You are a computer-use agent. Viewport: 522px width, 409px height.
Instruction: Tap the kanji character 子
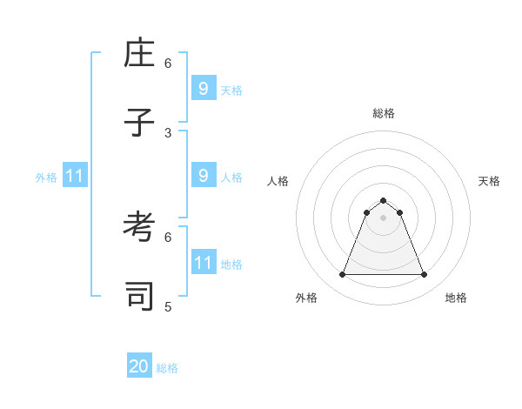pos(139,122)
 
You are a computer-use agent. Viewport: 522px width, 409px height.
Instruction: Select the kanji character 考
pos(139,227)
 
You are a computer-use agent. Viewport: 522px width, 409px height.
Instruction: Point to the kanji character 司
pos(139,296)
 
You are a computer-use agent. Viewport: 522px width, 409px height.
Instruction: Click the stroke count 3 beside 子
pos(168,132)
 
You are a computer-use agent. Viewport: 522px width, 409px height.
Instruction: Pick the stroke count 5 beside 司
pos(168,306)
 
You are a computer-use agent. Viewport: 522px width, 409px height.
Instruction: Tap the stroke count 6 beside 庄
pos(168,63)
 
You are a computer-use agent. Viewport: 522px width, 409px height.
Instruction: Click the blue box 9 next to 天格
pos(203,88)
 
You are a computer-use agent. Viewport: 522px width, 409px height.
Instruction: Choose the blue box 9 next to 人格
pos(203,175)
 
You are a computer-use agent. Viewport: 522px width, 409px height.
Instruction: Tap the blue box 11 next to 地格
pos(203,262)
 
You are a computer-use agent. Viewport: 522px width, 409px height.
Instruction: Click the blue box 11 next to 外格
pos(75,176)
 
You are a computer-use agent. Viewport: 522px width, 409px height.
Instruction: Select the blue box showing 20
pos(139,366)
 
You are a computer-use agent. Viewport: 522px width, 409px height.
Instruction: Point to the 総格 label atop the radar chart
pos(384,113)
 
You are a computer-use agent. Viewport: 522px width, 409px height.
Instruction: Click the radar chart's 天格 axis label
pos(489,181)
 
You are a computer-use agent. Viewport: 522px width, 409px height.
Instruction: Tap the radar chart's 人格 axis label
pos(278,181)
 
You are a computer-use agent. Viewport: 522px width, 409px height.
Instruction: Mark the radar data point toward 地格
pos(425,275)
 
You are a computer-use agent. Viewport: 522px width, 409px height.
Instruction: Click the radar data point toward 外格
pos(342,275)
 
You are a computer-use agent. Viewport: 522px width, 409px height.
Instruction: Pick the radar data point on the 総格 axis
pos(383,200)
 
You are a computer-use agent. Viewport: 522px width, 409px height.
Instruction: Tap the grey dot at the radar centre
pos(383,218)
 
